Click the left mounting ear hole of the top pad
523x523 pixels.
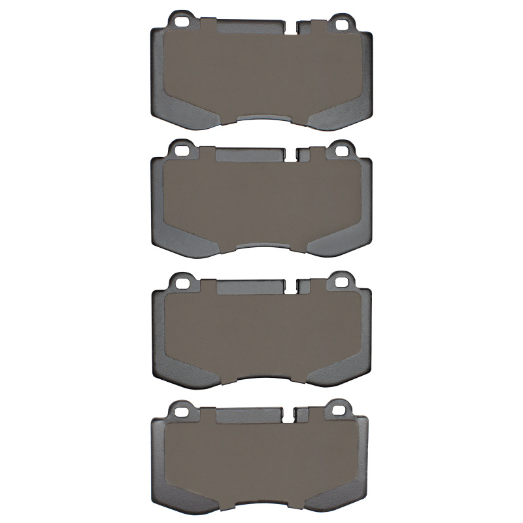(182, 21)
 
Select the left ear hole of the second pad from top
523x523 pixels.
(182, 150)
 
